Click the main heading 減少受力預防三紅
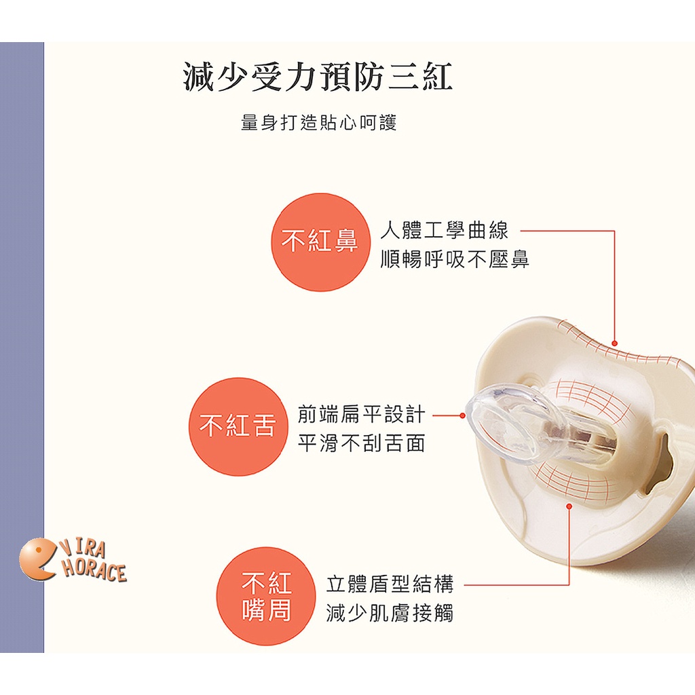(318, 77)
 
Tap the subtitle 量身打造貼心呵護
(318, 122)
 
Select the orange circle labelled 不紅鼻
(320, 242)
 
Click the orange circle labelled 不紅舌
(238, 426)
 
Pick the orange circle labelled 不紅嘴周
(266, 595)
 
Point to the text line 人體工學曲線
(444, 230)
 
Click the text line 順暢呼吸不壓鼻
(455, 259)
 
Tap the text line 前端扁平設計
(361, 415)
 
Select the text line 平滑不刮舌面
(361, 443)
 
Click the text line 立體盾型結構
(390, 584)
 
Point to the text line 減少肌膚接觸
(390, 613)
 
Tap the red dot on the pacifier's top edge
(614, 343)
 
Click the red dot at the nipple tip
(462, 416)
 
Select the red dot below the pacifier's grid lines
(569, 506)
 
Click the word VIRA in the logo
(83, 549)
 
